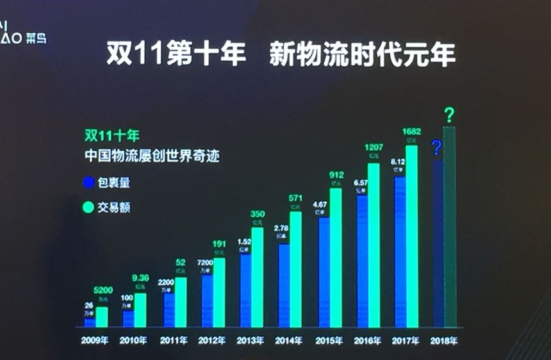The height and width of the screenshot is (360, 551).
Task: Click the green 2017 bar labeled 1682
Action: (411, 237)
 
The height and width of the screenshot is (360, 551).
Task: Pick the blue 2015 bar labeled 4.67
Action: (324, 273)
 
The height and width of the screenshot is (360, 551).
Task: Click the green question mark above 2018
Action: (450, 115)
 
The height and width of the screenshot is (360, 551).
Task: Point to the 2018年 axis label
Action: (444, 340)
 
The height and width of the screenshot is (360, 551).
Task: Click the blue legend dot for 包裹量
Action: (88, 183)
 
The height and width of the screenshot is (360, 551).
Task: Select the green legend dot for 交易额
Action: (88, 208)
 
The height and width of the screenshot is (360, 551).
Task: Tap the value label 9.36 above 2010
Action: (140, 277)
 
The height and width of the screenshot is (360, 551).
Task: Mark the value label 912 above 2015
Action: (336, 175)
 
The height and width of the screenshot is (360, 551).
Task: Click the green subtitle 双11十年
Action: (111, 135)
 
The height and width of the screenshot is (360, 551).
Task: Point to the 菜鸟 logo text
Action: (37, 38)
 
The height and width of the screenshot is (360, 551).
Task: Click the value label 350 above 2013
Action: (257, 214)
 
